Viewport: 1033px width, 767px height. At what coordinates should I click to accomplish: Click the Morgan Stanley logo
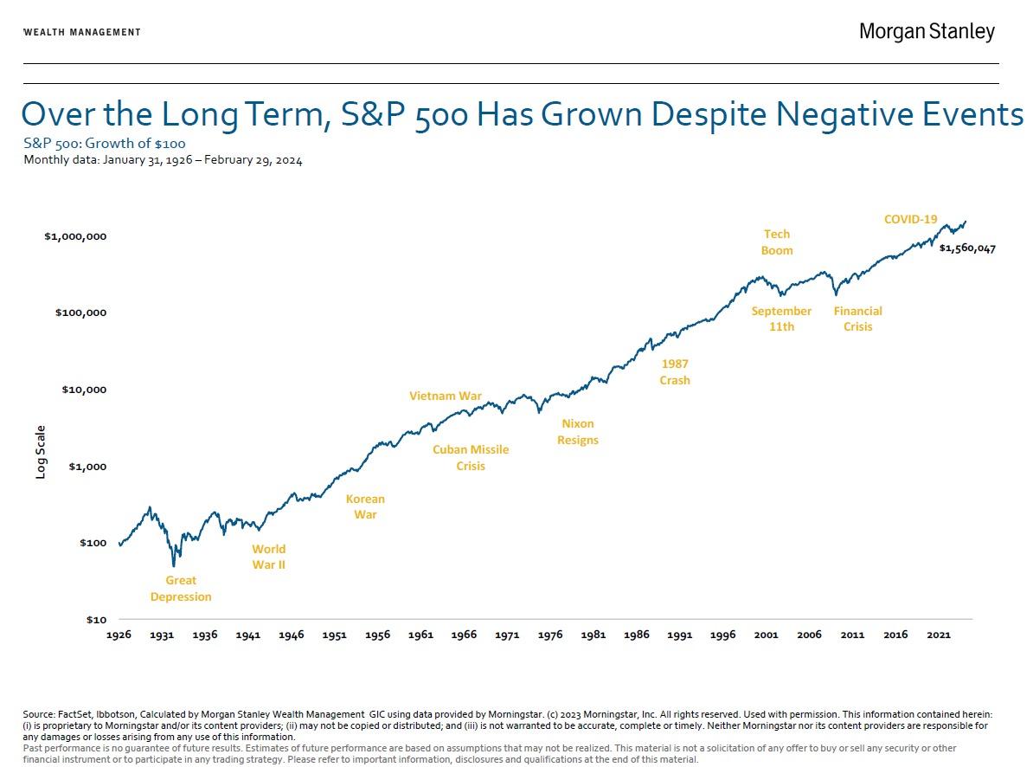[x=927, y=32]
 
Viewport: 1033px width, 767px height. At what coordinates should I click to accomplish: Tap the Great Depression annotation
[x=181, y=589]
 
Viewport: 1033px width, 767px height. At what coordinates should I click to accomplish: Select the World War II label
[x=268, y=557]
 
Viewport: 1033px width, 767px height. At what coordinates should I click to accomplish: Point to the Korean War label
[x=365, y=506]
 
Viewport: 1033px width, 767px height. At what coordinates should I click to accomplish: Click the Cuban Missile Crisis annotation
[x=471, y=458]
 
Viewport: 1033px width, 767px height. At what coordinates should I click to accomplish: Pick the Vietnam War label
[x=446, y=396]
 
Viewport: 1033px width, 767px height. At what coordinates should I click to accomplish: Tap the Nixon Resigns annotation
[x=578, y=432]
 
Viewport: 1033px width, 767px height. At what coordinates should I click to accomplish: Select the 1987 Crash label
[x=675, y=372]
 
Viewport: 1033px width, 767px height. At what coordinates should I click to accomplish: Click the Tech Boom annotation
[x=777, y=242]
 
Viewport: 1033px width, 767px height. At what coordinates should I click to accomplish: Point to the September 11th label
[x=781, y=319]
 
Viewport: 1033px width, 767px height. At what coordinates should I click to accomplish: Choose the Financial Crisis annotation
[x=858, y=319]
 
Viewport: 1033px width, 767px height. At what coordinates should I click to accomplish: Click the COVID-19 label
[x=911, y=220]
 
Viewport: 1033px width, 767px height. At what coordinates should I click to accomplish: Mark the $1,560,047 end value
[x=967, y=248]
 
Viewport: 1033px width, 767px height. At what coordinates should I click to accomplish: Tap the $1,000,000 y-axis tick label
[x=75, y=236]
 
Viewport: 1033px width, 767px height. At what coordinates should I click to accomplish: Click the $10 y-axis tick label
[x=95, y=620]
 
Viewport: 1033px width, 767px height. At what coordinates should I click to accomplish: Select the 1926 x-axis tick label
[x=119, y=635]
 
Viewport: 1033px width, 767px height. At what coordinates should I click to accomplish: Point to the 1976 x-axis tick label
[x=550, y=635]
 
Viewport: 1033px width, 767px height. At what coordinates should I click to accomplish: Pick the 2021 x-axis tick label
[x=939, y=635]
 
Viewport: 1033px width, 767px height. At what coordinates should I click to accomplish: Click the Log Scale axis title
[x=41, y=452]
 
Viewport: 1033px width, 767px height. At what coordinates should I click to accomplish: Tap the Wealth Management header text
[x=82, y=32]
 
